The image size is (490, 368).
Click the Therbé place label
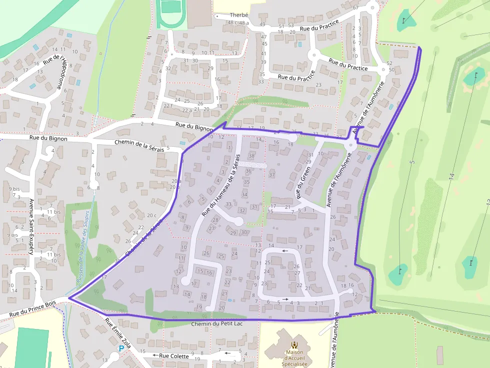(238, 15)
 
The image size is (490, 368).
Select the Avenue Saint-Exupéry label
(31, 227)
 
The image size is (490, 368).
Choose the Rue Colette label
(174, 356)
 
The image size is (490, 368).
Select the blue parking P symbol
(120, 349)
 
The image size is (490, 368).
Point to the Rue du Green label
(304, 183)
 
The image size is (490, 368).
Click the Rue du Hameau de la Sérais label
(219, 185)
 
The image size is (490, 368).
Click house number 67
(355, 8)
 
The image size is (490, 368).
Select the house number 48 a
(244, 23)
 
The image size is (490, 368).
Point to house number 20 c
(152, 216)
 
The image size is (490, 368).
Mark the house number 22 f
(168, 105)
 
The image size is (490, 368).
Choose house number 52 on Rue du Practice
(389, 63)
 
